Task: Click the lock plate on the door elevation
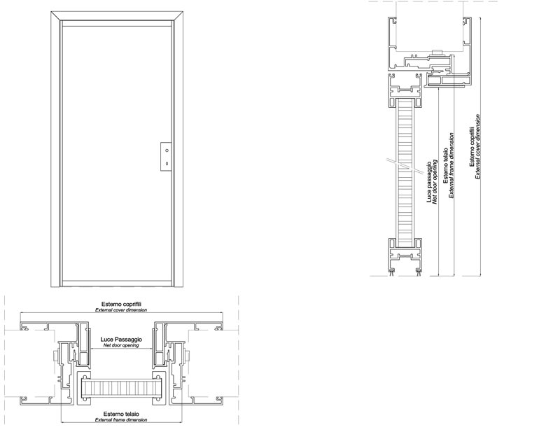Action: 166,157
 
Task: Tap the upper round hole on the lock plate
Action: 167,151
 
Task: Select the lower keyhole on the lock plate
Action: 167,164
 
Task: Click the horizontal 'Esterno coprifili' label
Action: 121,304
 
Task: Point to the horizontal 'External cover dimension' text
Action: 121,309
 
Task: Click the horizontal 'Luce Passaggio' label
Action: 121,340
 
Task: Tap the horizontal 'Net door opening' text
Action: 121,345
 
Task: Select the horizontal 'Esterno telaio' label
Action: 121,414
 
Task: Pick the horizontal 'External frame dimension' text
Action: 121,419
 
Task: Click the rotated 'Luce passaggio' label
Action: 430,183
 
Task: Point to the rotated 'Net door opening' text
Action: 435,182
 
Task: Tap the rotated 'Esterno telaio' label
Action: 446,166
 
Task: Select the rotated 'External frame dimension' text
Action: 451,165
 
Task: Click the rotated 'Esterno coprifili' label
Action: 472,146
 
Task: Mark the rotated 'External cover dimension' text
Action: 477,146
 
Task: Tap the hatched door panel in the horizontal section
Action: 120,389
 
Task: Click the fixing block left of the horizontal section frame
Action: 55,356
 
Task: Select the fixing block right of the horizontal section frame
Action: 188,356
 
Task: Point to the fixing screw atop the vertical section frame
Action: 437,53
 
